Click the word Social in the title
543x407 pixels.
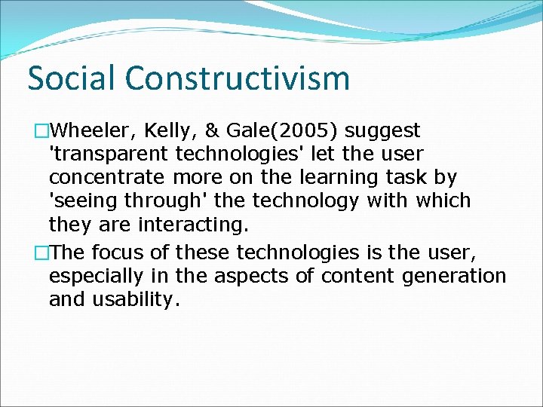click(x=72, y=78)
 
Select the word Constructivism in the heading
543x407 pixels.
click(x=238, y=78)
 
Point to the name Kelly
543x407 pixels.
click(x=155, y=131)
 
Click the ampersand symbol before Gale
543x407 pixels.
click(x=192, y=131)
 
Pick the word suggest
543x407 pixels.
click(x=383, y=131)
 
